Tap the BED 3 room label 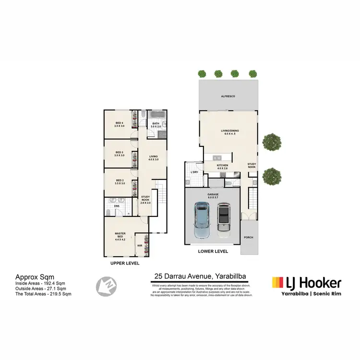pyautogui.click(x=120, y=153)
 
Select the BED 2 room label pyautogui.click(x=120, y=180)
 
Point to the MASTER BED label pyautogui.click(x=120, y=234)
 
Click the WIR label pyautogui.click(x=140, y=245)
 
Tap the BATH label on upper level pyautogui.click(x=156, y=124)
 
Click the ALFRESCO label pyautogui.click(x=228, y=96)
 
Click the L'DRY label pyautogui.click(x=194, y=172)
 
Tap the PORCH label pyautogui.click(x=249, y=237)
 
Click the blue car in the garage pyautogui.click(x=202, y=220)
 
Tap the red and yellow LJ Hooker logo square pyautogui.click(x=277, y=282)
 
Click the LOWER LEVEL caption pyautogui.click(x=214, y=251)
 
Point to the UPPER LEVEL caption pyautogui.click(x=125, y=264)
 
